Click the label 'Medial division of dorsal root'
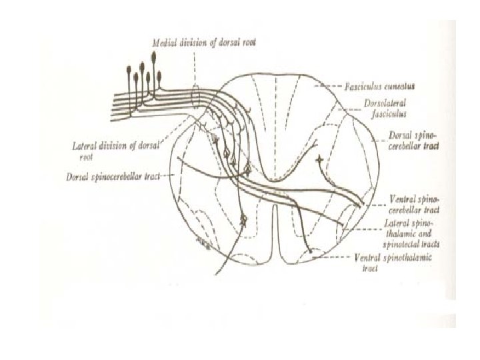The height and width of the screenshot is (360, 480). coord(203,41)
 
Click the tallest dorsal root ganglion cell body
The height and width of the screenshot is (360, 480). coord(157,57)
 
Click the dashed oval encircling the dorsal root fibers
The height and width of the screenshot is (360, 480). coord(194,95)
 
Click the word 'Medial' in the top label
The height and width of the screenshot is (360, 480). coord(164,41)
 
